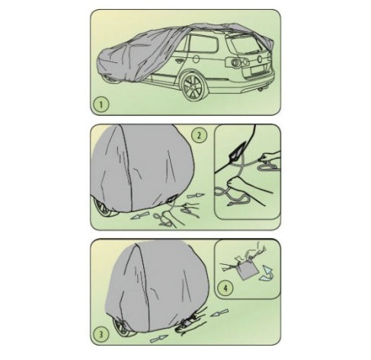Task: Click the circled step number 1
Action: tap(101, 104)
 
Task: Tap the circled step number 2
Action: tap(199, 135)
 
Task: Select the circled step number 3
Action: tap(101, 333)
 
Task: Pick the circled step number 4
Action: tap(225, 288)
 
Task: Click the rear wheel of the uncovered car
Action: tap(193, 87)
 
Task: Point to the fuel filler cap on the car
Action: tap(197, 59)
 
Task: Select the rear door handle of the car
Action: tap(180, 61)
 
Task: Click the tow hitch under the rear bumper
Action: tap(261, 89)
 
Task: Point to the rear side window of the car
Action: tap(203, 44)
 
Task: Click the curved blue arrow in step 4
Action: tap(266, 273)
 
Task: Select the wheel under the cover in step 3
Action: tap(123, 327)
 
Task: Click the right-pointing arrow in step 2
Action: tap(196, 196)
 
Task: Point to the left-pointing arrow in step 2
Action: tap(139, 215)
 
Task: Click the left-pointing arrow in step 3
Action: tap(219, 313)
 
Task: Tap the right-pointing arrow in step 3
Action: tap(158, 339)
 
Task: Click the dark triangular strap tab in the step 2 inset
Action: tap(237, 152)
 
